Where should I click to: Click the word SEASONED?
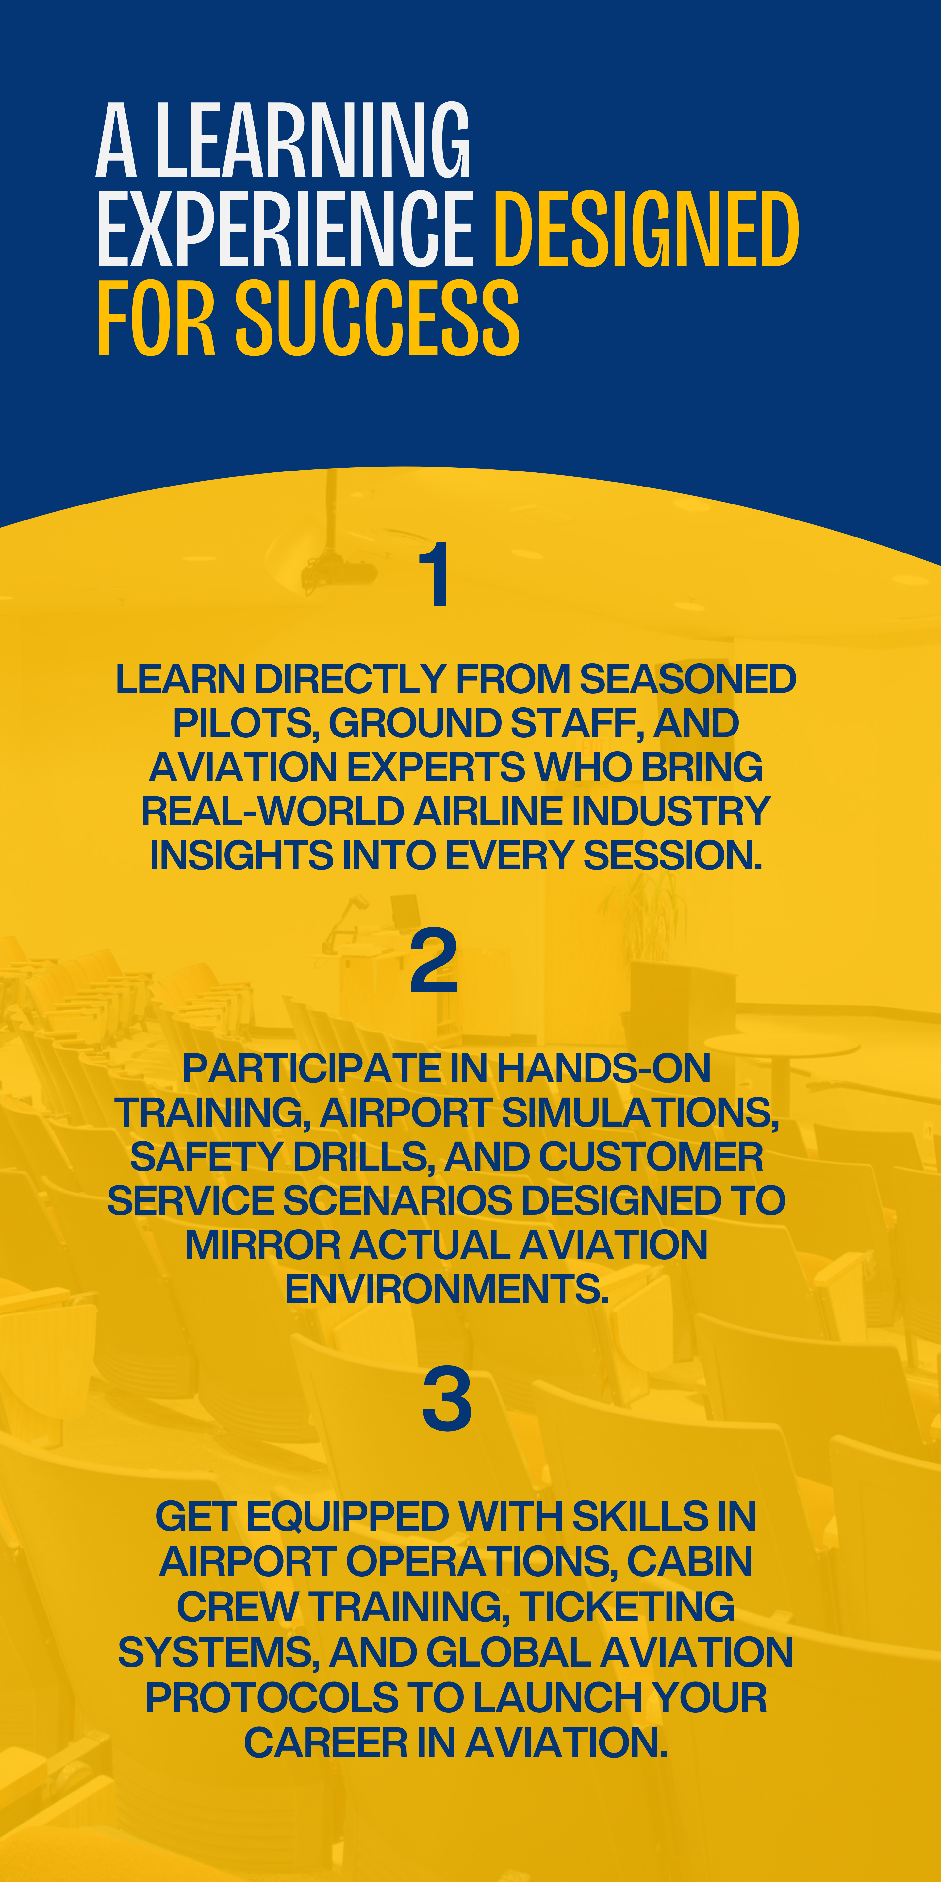coord(687,679)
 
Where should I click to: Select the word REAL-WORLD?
coord(272,811)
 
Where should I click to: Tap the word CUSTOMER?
coord(651,1157)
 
